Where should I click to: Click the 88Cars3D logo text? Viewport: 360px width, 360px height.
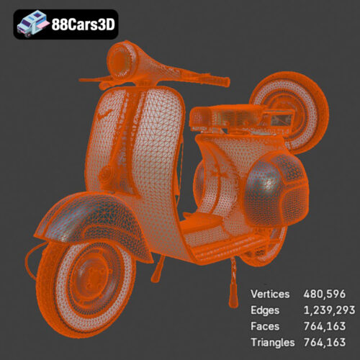[83, 24]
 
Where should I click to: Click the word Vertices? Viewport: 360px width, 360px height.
[270, 294]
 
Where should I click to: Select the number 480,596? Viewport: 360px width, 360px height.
[326, 294]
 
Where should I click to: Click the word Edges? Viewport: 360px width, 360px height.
[264, 310]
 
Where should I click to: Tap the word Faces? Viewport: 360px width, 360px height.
[264, 326]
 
